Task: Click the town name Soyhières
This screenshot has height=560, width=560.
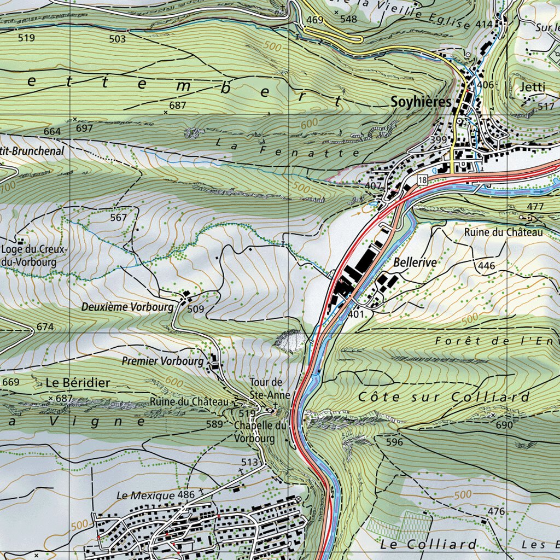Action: pyautogui.click(x=421, y=102)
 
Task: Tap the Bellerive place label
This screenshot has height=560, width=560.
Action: pyautogui.click(x=415, y=262)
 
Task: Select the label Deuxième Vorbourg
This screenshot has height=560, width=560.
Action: pyautogui.click(x=127, y=307)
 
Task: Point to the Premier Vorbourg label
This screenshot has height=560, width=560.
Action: pyautogui.click(x=162, y=361)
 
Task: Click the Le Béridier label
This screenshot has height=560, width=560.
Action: pyautogui.click(x=78, y=382)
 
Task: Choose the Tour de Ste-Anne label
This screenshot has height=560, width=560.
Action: pyautogui.click(x=266, y=387)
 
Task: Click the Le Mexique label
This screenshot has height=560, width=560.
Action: pyautogui.click(x=145, y=495)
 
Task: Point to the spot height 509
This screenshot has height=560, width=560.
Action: pyautogui.click(x=195, y=310)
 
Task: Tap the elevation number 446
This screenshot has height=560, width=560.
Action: pyautogui.click(x=486, y=266)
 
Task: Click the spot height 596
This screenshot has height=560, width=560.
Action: pyautogui.click(x=394, y=442)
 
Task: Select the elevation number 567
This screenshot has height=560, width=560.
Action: pyautogui.click(x=118, y=218)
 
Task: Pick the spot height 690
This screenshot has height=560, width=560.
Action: pyautogui.click(x=504, y=424)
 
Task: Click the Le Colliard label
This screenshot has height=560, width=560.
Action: pyautogui.click(x=428, y=544)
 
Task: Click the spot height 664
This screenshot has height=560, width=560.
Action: pyautogui.click(x=52, y=132)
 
